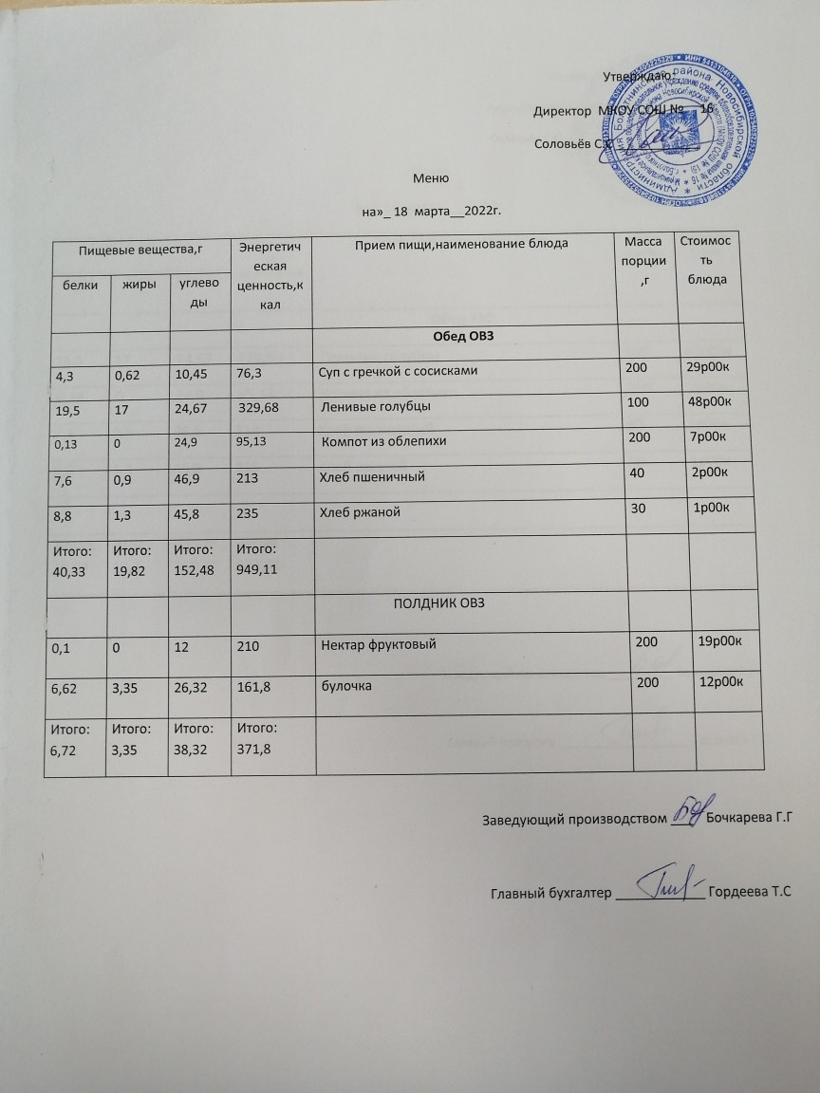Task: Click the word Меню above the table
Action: point(431,178)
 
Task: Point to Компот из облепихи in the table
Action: point(383,442)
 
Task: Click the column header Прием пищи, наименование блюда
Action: point(460,246)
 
